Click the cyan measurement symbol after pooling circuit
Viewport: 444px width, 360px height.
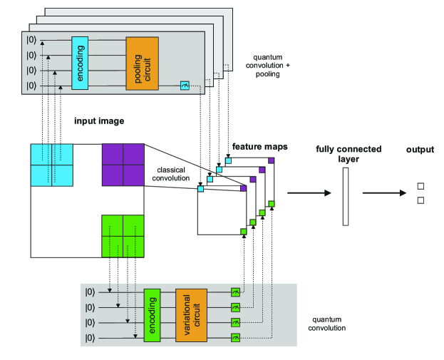185,86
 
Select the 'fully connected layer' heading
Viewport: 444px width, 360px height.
349,154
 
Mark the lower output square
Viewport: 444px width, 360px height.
420,201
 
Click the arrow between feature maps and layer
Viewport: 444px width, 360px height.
309,192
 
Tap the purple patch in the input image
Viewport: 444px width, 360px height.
123,164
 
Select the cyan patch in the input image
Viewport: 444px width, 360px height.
51,164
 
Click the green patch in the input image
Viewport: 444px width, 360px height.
123,235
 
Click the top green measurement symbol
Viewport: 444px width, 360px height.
236,292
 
